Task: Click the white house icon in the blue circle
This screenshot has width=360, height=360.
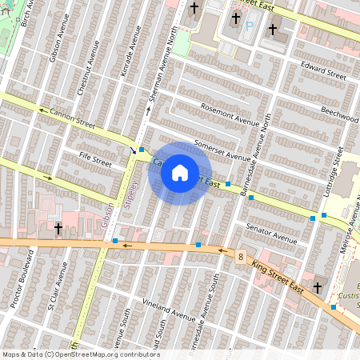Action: click(180, 173)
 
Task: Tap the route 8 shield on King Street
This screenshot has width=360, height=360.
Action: click(240, 256)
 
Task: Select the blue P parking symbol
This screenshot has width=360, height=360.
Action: click(248, 26)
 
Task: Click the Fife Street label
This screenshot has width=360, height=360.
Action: click(95, 161)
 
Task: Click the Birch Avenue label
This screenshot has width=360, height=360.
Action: click(29, 14)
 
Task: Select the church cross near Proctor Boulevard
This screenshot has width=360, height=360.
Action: click(58, 229)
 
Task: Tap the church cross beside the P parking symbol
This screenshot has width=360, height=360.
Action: click(235, 18)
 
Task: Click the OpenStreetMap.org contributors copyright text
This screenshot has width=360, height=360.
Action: click(107, 354)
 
